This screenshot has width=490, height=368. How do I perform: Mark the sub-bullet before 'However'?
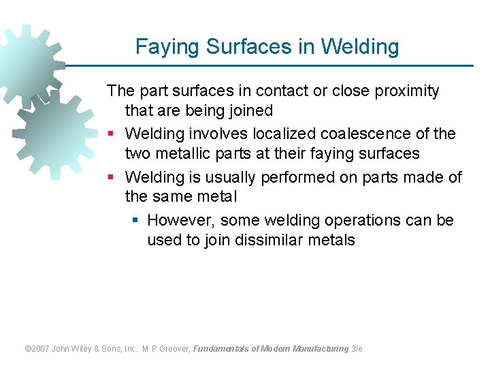point(135,221)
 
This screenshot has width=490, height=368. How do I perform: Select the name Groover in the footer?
point(174,348)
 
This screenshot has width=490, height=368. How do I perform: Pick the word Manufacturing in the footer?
point(321,348)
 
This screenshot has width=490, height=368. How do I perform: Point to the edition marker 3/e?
point(357,348)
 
